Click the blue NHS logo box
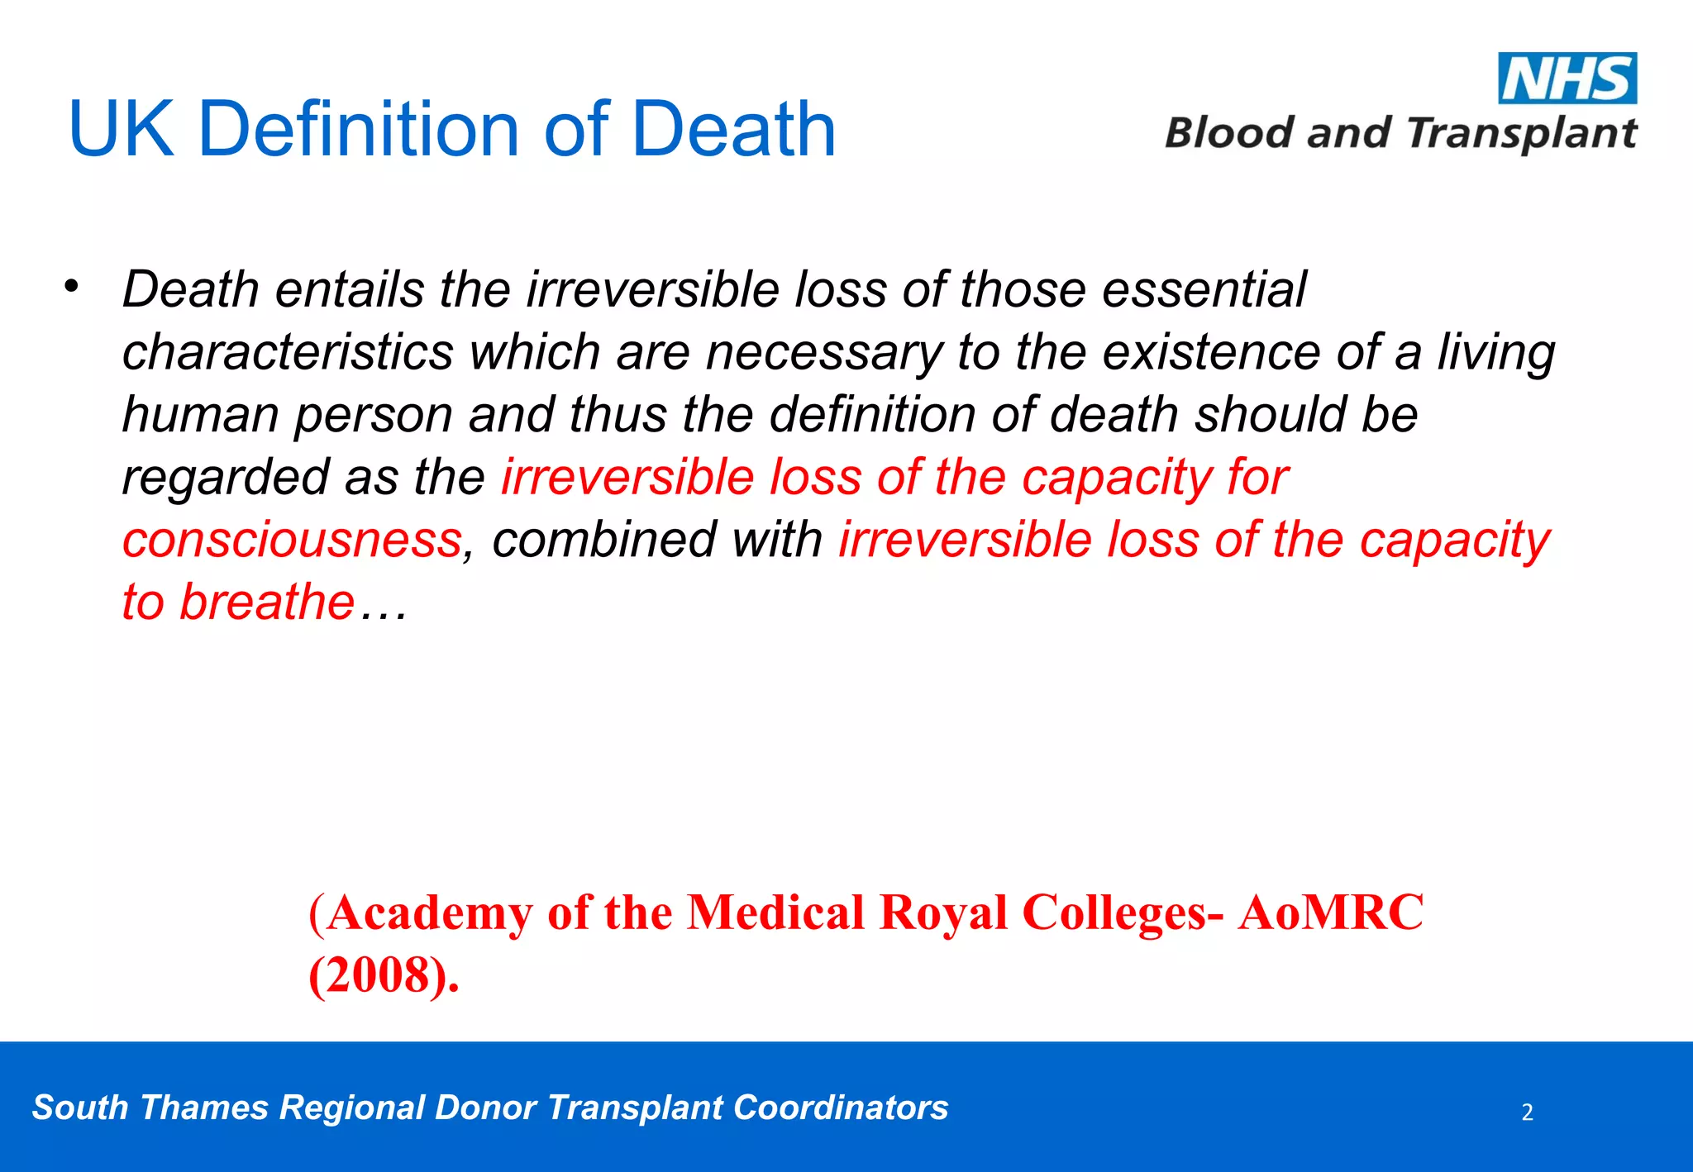(x=1567, y=79)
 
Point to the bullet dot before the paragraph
(x=72, y=287)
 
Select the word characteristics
(x=288, y=353)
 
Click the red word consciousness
(x=291, y=541)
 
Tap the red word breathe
(x=267, y=603)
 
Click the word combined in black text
(x=603, y=541)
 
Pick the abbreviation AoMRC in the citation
(x=1330, y=914)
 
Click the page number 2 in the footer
(x=1527, y=1112)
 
